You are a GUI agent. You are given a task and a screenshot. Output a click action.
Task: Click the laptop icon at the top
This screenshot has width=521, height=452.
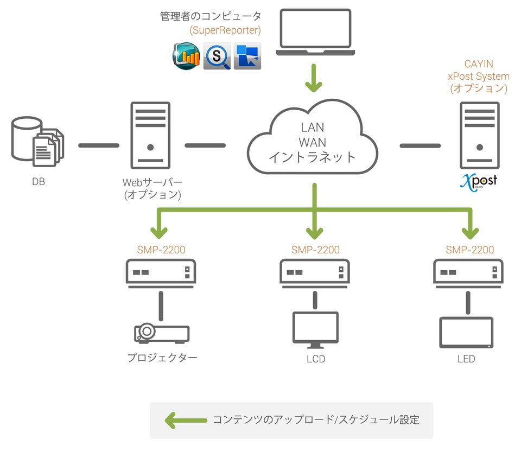[x=315, y=32]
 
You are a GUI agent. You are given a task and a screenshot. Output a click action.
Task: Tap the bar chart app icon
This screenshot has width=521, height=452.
[x=186, y=56]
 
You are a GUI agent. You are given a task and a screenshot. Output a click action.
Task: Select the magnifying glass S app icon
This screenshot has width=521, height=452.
[x=217, y=56]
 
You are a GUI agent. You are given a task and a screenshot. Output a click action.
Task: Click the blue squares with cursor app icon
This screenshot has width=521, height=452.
[x=247, y=56]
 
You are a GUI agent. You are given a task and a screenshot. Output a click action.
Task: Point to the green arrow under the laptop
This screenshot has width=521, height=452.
[x=314, y=78]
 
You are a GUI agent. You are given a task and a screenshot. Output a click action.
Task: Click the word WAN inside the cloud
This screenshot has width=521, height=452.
[x=313, y=142]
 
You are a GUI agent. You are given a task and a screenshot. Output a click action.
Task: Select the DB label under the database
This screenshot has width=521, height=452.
[x=39, y=181]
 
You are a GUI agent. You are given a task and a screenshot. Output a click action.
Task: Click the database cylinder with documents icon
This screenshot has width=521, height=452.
[x=37, y=142]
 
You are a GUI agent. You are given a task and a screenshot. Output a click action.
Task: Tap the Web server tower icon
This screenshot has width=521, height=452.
[x=150, y=136]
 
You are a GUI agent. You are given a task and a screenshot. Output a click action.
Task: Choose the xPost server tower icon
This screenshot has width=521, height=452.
[x=479, y=136]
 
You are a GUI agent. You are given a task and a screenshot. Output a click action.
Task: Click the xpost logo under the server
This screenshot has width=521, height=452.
[x=479, y=182]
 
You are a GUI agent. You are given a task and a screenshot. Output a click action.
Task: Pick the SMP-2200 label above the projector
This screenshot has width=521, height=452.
[x=161, y=250]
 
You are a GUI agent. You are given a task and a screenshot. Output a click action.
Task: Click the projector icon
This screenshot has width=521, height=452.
[x=162, y=333]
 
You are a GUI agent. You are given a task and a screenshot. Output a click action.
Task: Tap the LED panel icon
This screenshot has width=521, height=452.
[x=466, y=333]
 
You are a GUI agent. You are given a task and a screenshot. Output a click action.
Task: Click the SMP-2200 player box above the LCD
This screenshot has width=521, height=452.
[x=315, y=273]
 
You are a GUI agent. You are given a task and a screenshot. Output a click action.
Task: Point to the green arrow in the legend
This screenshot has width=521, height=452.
[x=186, y=420]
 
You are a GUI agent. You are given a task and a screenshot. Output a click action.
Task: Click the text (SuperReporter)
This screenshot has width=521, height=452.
[x=225, y=30]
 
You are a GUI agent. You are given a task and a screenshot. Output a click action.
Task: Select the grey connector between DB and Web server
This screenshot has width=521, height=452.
[x=99, y=145]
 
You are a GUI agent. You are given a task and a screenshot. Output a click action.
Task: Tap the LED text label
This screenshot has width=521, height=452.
[x=466, y=359]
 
